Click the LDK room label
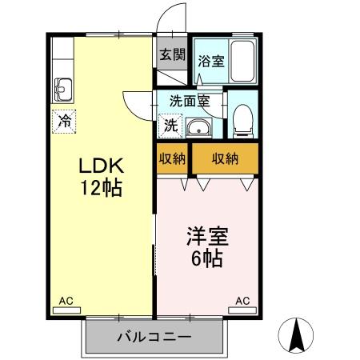pos(102,166)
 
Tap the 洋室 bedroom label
pos(207,236)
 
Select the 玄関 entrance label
pos(172,54)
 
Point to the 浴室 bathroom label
pos(211,61)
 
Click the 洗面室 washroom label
pos(190,101)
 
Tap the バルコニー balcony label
pos(154,337)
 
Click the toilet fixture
pos(243,122)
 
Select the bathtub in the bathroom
pos(242,61)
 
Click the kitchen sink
pos(63,90)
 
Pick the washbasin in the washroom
pos(198,128)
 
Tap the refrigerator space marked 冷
pos(64,122)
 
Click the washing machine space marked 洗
pos(170,126)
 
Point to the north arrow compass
pos(296,335)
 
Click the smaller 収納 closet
pos(172,158)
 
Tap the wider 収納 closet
pos(225,158)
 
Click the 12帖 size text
pos(102,187)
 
